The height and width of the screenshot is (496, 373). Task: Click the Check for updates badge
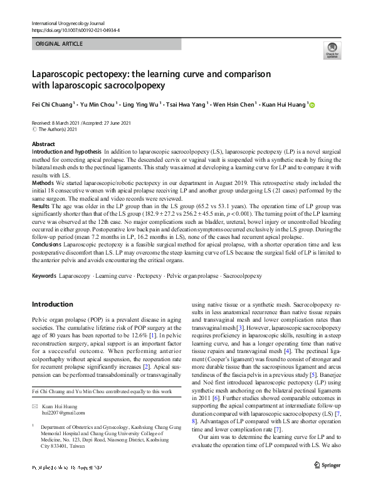[x=332, y=50]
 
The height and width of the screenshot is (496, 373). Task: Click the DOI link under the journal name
[x=75, y=30]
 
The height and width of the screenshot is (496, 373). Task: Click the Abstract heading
[x=43, y=144]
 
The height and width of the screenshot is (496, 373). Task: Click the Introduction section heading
[x=52, y=305]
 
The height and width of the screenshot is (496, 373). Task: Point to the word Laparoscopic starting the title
[x=60, y=73]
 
